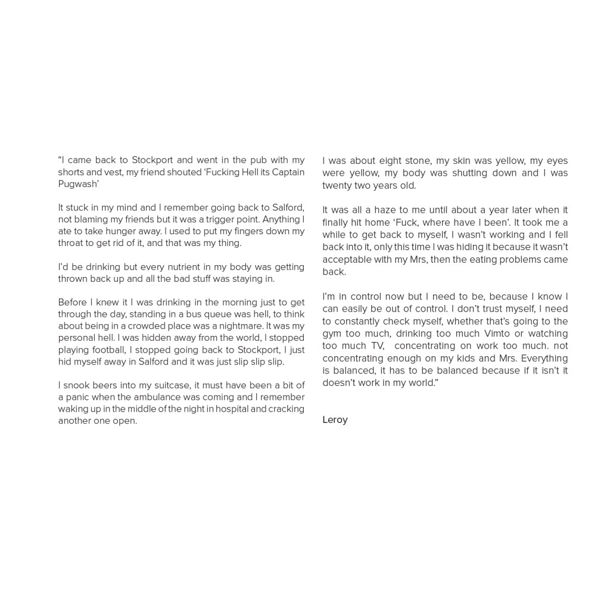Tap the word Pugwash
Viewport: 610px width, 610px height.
click(x=78, y=184)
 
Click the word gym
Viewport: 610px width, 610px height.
click(x=331, y=334)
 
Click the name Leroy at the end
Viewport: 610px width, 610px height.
click(x=335, y=419)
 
